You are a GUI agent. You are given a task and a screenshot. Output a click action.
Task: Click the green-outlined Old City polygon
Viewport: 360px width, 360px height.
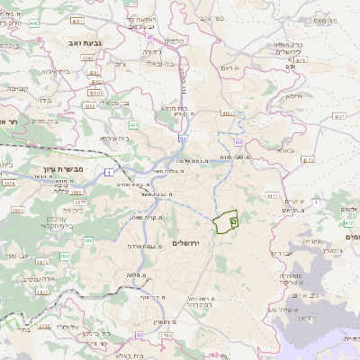pyautogui.click(x=225, y=217)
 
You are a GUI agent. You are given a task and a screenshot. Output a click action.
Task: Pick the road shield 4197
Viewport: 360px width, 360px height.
pyautogui.click(x=229, y=112)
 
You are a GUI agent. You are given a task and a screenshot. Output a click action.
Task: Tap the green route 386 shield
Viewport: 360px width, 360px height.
pyautogui.click(x=87, y=240)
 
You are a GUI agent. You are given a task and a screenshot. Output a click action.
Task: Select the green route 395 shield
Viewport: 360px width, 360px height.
pyautogui.click(x=64, y=256)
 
